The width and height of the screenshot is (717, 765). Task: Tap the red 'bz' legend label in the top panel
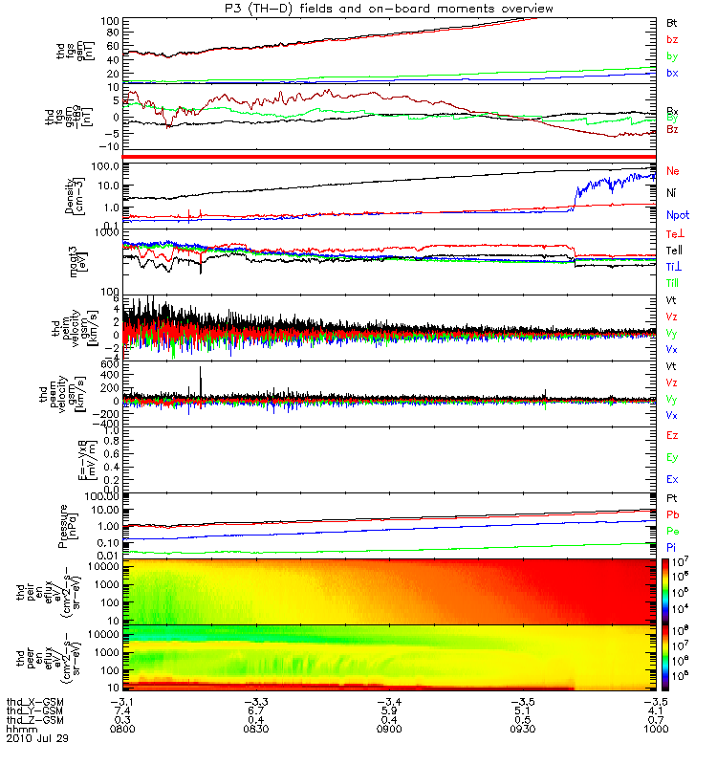point(672,39)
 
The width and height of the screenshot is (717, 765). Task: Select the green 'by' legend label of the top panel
point(672,56)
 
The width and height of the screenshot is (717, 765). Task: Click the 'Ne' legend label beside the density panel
point(673,170)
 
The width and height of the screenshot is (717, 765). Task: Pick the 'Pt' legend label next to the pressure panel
point(672,500)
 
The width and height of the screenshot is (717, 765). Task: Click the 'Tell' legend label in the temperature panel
point(674,250)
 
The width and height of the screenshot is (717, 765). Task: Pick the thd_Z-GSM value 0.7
point(654,720)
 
